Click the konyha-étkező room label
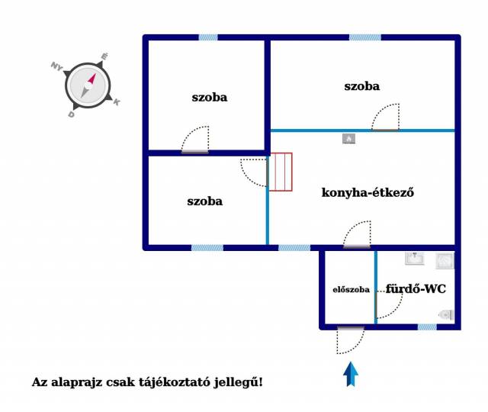(x=368, y=192)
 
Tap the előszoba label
(x=351, y=290)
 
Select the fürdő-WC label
(x=416, y=288)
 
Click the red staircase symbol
(x=281, y=172)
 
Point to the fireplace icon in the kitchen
(x=348, y=139)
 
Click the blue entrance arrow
(x=351, y=374)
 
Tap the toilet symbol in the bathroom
(x=446, y=315)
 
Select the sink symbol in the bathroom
(x=415, y=259)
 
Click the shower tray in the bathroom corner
(x=445, y=260)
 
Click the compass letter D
(x=71, y=114)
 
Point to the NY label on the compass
(x=56, y=66)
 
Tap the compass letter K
(x=117, y=101)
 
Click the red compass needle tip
(x=95, y=75)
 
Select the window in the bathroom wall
(x=427, y=327)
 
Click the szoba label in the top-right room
(x=362, y=86)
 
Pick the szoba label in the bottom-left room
(x=205, y=201)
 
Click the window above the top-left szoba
(x=208, y=37)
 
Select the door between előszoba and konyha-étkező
(x=357, y=234)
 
